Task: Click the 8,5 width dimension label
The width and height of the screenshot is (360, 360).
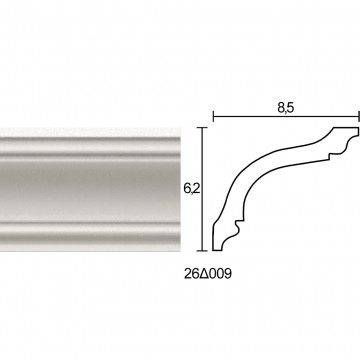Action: pos(285,107)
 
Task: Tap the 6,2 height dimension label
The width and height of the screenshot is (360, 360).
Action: pos(191,189)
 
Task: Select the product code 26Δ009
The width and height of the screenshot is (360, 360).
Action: pos(208,274)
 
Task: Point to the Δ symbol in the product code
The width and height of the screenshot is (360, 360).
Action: pos(203,274)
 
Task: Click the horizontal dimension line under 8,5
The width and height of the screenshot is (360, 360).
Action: pos(286,117)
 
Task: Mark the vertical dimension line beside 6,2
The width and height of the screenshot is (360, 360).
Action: pos(202,189)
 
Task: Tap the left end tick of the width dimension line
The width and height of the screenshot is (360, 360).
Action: pos(213,117)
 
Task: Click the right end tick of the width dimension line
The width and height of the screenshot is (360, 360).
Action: pos(359,117)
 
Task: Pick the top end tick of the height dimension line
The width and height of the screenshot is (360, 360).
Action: pos(202,127)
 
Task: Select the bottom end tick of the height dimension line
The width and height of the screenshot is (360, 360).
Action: pos(202,250)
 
